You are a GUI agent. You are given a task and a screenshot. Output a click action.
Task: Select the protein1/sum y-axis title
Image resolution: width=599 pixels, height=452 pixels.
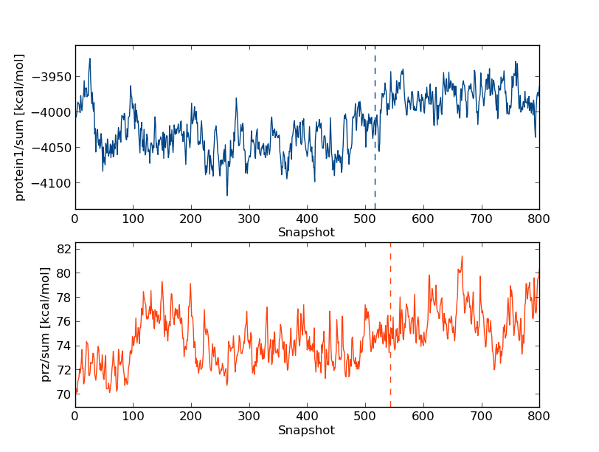(x=20, y=127)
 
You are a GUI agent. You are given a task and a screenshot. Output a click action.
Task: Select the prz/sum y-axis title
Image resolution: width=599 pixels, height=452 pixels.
(x=46, y=325)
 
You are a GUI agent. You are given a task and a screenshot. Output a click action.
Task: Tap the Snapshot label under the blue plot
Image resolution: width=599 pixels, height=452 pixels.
(x=306, y=233)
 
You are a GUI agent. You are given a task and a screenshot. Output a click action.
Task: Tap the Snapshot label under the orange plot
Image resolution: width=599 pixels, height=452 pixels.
(x=306, y=431)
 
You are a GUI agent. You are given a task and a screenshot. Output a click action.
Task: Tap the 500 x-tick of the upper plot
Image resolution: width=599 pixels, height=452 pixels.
(x=364, y=219)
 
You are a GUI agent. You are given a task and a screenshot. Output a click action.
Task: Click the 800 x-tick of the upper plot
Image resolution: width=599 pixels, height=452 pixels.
(x=539, y=219)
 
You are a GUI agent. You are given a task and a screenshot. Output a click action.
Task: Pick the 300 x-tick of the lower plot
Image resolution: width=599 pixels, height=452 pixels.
(x=249, y=417)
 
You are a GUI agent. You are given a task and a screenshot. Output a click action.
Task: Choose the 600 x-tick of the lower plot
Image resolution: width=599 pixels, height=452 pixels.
(x=423, y=417)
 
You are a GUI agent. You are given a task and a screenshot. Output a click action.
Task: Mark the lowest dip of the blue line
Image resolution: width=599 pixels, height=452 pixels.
(x=226, y=195)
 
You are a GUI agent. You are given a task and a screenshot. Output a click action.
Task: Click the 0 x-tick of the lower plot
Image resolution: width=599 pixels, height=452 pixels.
(x=75, y=417)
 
